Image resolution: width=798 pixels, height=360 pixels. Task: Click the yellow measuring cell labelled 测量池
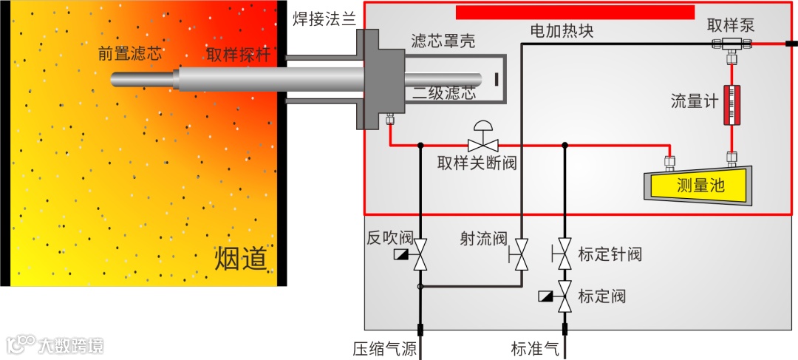coord(698,185)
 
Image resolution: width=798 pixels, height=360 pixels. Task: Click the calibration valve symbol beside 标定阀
coord(565,296)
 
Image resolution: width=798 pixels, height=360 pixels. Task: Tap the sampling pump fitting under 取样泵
coord(731,44)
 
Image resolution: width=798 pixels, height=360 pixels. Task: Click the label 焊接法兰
coord(326,18)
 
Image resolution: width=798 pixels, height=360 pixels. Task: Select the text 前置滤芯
coord(130,53)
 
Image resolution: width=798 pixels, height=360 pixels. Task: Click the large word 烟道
coord(240,259)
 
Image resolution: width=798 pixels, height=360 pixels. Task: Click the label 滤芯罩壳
coord(443,41)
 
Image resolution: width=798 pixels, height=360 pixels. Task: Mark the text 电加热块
coord(562,31)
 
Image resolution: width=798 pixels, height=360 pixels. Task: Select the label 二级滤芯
coord(443,93)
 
